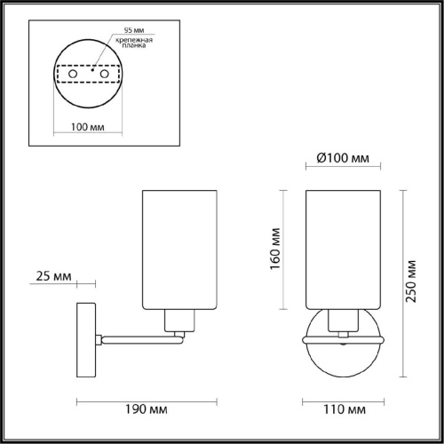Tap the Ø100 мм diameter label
pos(343,159)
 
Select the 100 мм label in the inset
pos(84,127)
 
